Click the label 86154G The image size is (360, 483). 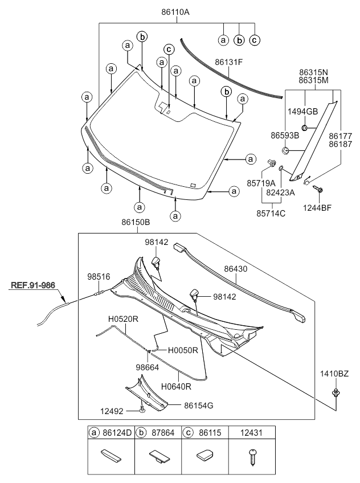pyautogui.click(x=198, y=405)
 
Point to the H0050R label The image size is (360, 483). pyautogui.click(x=183, y=350)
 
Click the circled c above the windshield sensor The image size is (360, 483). pyautogui.click(x=169, y=49)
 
